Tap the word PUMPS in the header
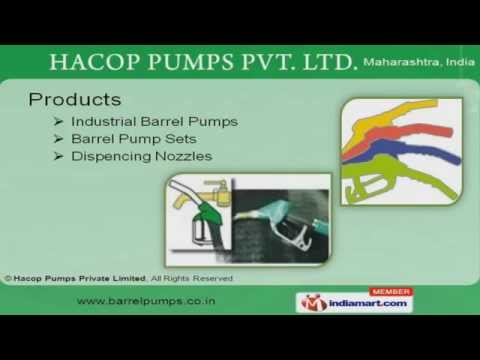(x=196, y=62)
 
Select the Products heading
(x=75, y=100)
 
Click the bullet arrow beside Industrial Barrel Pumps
(x=59, y=122)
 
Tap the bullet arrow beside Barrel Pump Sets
(x=59, y=139)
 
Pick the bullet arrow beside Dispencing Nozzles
(x=59, y=157)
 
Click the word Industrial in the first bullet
(x=104, y=122)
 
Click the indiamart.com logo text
(x=372, y=302)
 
